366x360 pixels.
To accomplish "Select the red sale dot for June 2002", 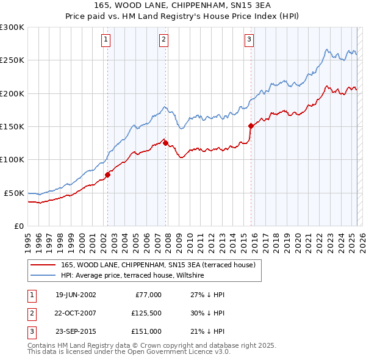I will [x=107, y=175].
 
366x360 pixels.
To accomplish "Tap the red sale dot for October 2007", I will [x=166, y=143].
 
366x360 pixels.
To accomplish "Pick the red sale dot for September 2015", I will [x=251, y=126].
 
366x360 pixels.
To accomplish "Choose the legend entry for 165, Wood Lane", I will [x=161, y=265].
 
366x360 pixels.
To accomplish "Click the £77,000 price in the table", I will [x=148, y=295].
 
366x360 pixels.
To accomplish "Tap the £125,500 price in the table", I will [x=145, y=313].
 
